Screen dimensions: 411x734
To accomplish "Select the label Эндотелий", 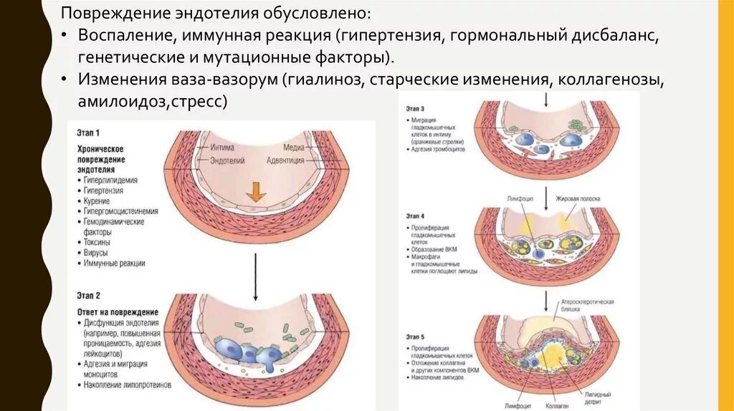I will (x=227, y=161).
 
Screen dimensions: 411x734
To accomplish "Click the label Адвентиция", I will (x=285, y=161).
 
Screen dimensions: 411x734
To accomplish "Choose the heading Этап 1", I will (x=88, y=132).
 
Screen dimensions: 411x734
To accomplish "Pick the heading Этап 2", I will (x=88, y=294).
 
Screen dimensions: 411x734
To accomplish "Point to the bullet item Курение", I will (x=95, y=202).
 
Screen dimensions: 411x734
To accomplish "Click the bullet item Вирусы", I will (x=95, y=253).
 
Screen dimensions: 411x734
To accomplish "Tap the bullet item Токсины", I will (x=97, y=243).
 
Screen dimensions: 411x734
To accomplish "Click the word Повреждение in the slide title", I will (x=105, y=14).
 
